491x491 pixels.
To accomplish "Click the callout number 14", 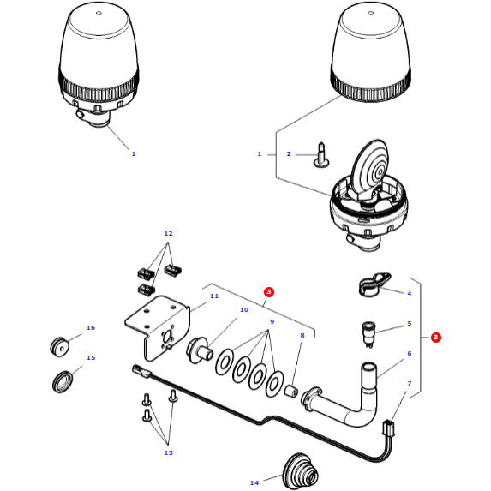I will (x=254, y=483).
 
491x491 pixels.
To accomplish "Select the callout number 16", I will (x=91, y=328).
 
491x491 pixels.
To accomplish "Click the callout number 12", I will (x=168, y=234).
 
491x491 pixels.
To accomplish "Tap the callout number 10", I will (x=244, y=310).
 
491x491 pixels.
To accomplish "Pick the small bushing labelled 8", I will (x=290, y=391).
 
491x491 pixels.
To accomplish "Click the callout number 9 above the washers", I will (x=272, y=322).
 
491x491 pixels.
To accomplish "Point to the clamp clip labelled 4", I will (x=372, y=284).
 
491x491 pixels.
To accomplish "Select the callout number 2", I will (x=289, y=154).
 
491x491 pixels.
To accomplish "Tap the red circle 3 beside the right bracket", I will (x=435, y=338).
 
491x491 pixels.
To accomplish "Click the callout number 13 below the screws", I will (x=168, y=452).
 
